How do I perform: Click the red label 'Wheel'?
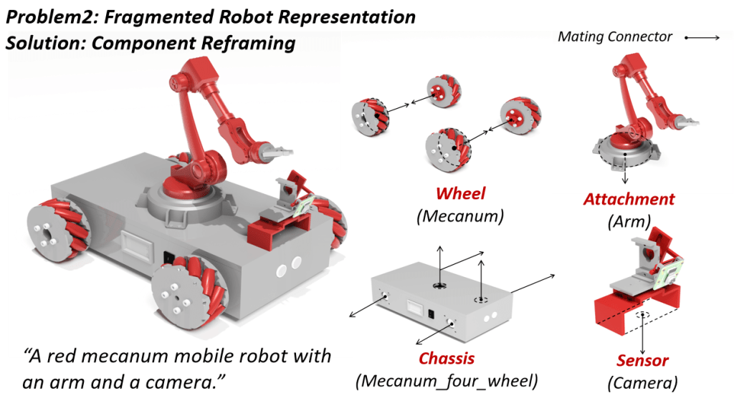click(461, 193)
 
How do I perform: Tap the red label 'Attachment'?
click(629, 199)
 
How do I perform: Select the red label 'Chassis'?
click(447, 358)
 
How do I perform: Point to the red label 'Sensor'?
click(642, 361)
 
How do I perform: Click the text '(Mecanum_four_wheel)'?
click(447, 380)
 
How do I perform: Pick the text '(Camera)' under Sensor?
click(642, 382)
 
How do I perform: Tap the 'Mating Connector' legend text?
click(615, 37)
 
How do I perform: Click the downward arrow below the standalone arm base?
click(626, 176)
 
